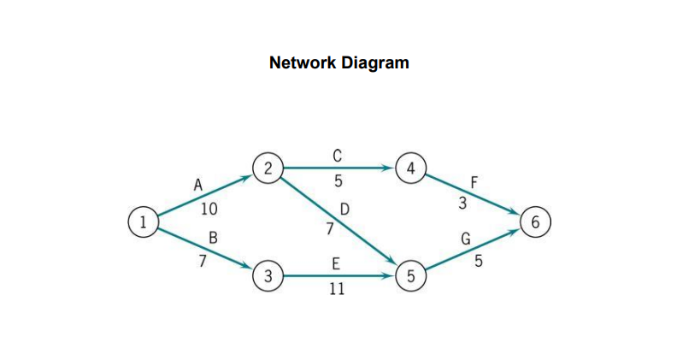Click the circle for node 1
point(144,221)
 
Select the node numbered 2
point(268,168)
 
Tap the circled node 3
point(268,276)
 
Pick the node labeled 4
point(411,168)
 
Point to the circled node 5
point(411,276)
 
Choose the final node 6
point(535,222)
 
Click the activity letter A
point(198,184)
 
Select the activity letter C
point(337,155)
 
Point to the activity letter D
point(344,209)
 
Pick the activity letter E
point(337,263)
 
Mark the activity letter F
point(475,182)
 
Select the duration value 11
point(337,289)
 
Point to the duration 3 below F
point(462,203)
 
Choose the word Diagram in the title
point(373,62)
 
